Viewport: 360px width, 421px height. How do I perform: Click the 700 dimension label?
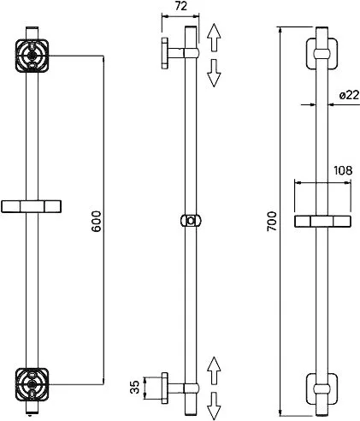coord(272,221)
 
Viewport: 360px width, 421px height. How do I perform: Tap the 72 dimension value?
coord(180,6)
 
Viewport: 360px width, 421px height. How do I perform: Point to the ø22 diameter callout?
coord(349,95)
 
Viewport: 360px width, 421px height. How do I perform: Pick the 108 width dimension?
coord(343,170)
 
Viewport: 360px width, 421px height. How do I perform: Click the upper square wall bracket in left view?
coord(32,56)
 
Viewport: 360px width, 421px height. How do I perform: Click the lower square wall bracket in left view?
coord(32,384)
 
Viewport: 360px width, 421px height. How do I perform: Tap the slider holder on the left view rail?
coord(31,206)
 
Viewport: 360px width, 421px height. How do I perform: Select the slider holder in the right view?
coord(322,222)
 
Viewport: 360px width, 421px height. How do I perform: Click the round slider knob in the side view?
coord(191,221)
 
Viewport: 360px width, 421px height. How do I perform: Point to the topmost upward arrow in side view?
coord(214,38)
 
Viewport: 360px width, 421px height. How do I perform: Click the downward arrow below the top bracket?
coord(214,73)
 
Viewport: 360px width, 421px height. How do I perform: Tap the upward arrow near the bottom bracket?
coord(214,371)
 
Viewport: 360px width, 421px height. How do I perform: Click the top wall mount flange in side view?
coord(165,53)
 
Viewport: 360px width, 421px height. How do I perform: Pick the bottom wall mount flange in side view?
coord(165,388)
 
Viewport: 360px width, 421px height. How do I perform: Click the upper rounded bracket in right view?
coord(322,54)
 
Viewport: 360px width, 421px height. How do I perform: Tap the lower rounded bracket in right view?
coord(322,388)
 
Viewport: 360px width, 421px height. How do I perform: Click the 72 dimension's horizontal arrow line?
coord(180,16)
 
